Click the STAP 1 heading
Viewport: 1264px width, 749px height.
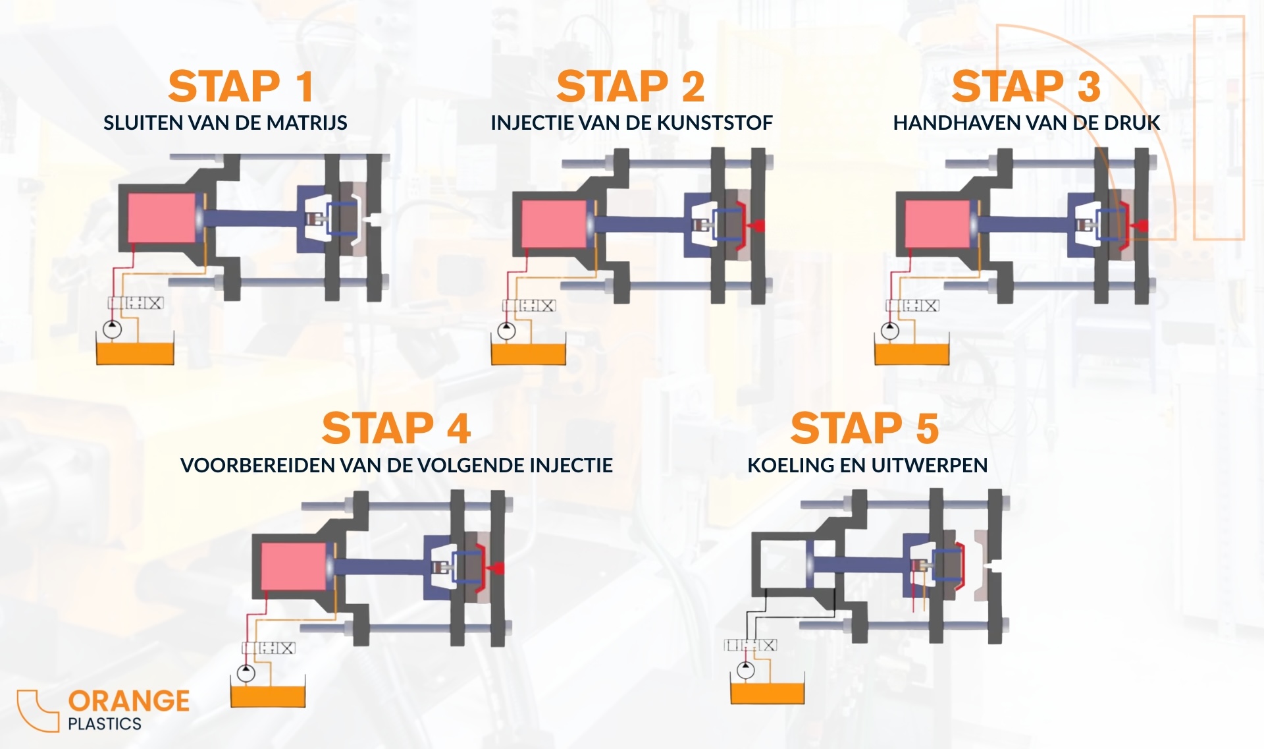(x=240, y=86)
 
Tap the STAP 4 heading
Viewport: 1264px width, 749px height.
(x=396, y=428)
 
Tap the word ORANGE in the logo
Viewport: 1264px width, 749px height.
(x=129, y=701)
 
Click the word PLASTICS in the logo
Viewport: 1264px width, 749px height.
(x=105, y=724)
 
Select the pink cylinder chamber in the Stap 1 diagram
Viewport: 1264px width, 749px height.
(x=162, y=217)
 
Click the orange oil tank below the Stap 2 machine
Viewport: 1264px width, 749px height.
(x=529, y=353)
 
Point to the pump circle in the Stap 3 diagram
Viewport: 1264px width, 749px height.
(x=890, y=330)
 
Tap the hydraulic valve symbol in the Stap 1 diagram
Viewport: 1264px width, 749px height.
(x=136, y=303)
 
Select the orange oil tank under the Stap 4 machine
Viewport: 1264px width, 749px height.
(x=268, y=696)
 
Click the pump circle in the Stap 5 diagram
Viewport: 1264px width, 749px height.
(x=746, y=670)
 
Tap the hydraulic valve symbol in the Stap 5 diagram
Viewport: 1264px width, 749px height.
(x=750, y=645)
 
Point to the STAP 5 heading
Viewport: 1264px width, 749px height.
(x=865, y=428)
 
